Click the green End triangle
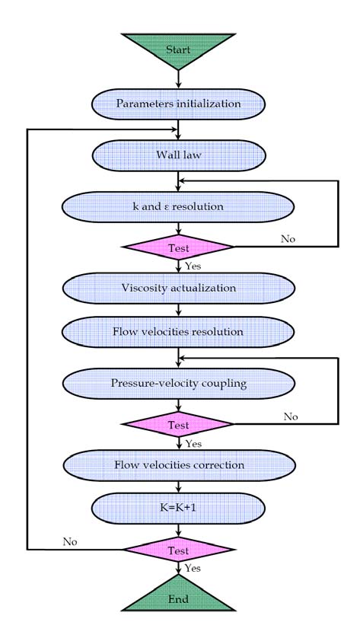click(178, 598)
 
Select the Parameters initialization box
click(178, 103)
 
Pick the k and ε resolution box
click(178, 206)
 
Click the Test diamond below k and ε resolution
click(178, 247)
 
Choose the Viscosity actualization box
click(178, 289)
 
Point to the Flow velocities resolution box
click(178, 332)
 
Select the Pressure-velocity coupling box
click(178, 384)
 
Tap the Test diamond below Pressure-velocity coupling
click(178, 425)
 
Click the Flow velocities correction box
click(178, 465)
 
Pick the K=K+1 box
click(178, 508)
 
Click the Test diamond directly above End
click(178, 549)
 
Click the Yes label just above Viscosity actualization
click(193, 266)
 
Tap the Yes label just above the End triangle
click(193, 568)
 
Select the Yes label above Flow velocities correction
click(193, 444)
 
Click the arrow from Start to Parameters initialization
click(178, 78)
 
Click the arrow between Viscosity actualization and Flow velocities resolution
click(178, 310)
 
